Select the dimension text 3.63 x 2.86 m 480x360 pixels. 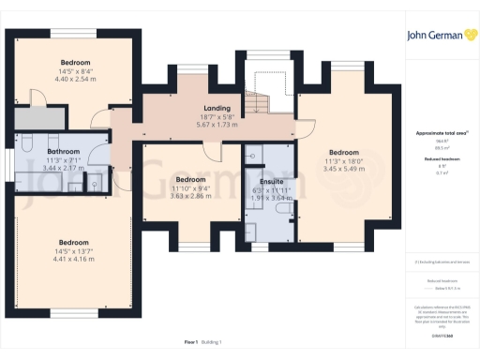click(x=190, y=187)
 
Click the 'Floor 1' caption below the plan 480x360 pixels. click(x=190, y=342)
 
